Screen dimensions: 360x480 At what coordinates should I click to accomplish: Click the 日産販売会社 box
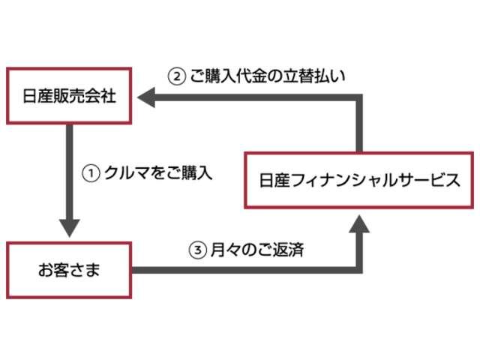pyautogui.click(x=69, y=96)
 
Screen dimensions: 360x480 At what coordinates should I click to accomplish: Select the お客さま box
pyautogui.click(x=69, y=268)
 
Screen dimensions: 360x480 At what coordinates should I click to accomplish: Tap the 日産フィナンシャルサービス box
pyautogui.click(x=359, y=179)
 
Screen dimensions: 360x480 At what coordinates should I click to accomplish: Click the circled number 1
pyautogui.click(x=90, y=172)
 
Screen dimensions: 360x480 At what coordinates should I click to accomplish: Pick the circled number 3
pyautogui.click(x=197, y=250)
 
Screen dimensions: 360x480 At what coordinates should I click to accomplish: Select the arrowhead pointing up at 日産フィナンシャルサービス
pyautogui.click(x=359, y=223)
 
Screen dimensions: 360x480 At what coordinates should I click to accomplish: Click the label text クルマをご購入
pyautogui.click(x=157, y=172)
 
